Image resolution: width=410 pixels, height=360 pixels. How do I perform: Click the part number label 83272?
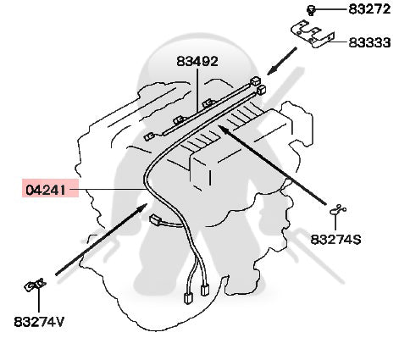point(369,9)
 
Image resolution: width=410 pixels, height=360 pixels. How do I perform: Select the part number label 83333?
point(370,42)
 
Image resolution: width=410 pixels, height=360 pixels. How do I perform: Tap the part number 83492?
point(197,61)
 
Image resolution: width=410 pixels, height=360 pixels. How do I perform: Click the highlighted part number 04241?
point(46,190)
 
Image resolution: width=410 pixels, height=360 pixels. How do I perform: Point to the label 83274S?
point(335,240)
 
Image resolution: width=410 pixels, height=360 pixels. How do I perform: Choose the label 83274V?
point(39,322)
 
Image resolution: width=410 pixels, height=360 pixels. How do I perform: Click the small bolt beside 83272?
point(311,11)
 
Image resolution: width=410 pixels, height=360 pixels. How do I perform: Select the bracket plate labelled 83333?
point(313,34)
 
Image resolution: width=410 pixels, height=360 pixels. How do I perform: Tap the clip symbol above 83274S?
point(338,210)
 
